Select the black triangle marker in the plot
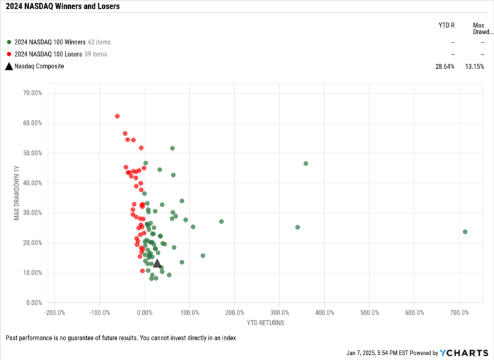click(157, 263)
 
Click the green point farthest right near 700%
click(465, 231)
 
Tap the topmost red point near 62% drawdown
click(117, 116)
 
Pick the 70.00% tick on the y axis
click(32, 93)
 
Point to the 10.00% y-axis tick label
click(32, 273)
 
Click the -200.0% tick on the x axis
click(55, 312)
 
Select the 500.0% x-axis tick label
click(369, 312)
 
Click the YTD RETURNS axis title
click(265, 322)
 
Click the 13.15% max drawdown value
click(475, 66)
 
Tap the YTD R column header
click(446, 26)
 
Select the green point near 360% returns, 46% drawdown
click(306, 163)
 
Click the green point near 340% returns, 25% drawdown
click(297, 227)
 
